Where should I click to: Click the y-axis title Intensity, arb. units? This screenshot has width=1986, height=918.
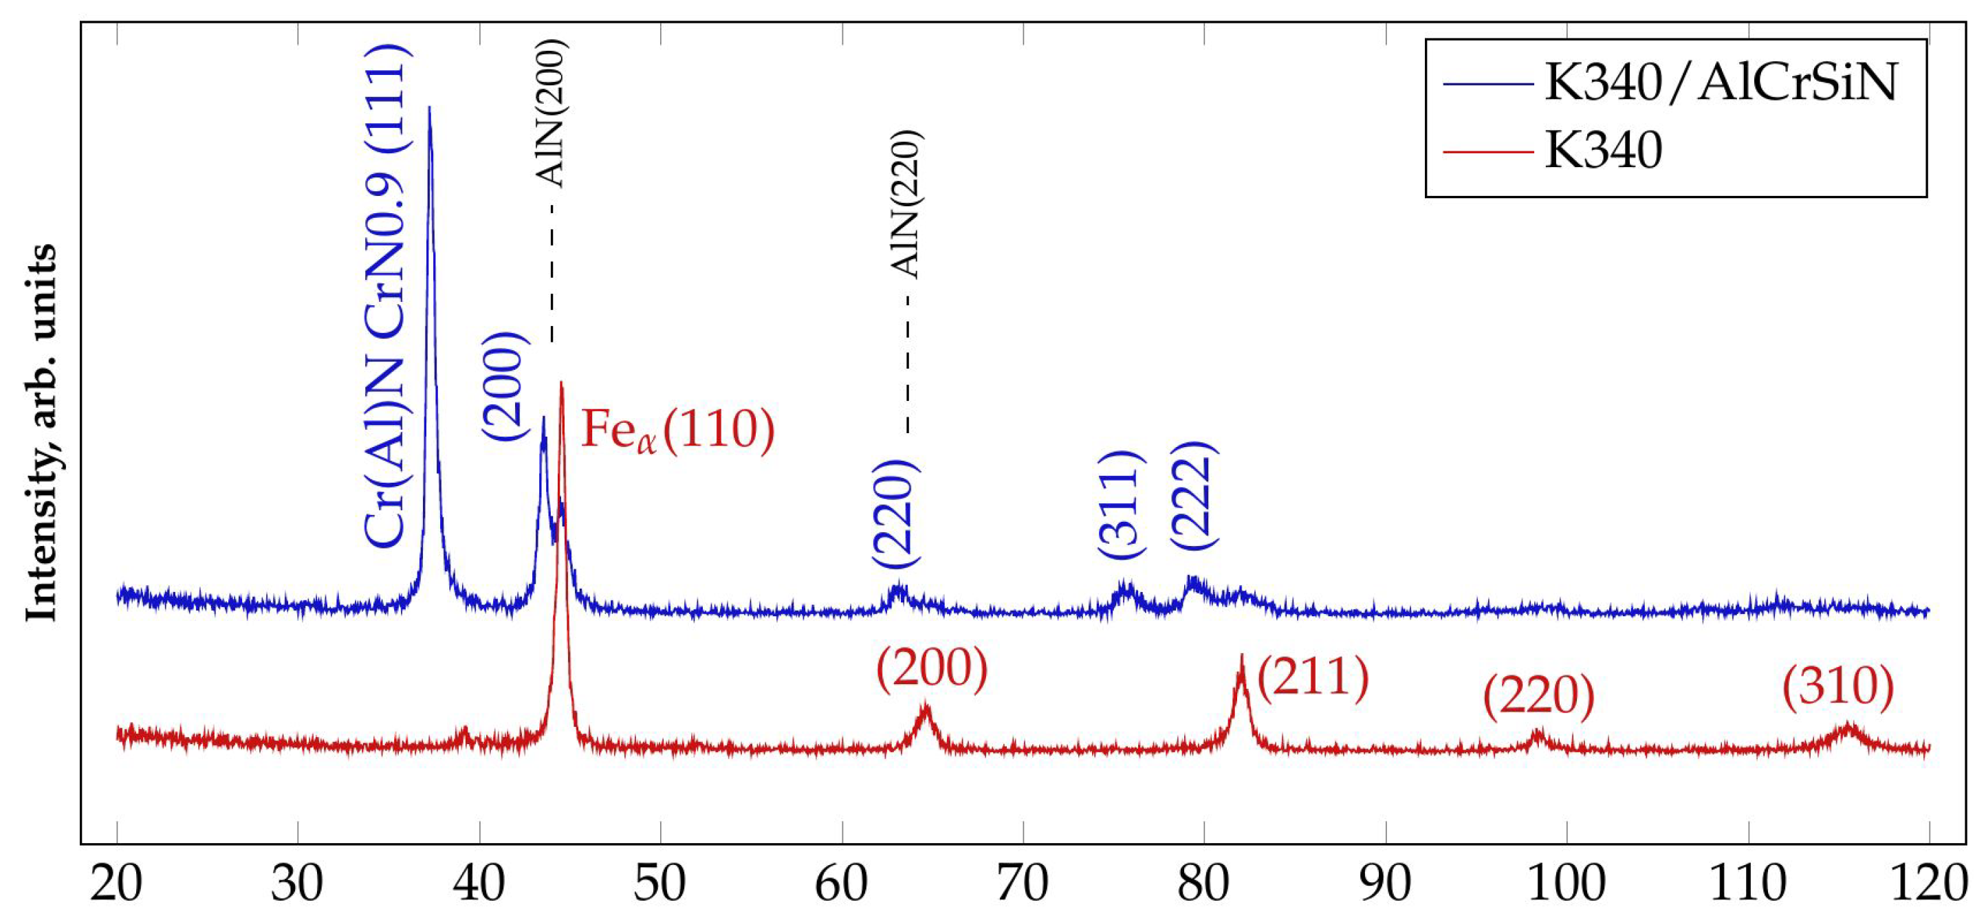(43, 433)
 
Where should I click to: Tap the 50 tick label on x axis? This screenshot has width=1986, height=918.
(660, 884)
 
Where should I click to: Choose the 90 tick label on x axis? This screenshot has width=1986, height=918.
(1386, 884)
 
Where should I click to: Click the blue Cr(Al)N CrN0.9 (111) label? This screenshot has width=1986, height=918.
(386, 297)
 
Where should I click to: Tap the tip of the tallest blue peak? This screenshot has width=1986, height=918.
(428, 107)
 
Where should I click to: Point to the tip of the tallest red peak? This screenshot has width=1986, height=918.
(560, 382)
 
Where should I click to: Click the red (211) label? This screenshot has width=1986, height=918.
(1313, 678)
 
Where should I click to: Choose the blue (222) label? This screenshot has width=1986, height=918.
(1194, 495)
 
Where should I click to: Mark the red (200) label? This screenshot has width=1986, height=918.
(931, 669)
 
